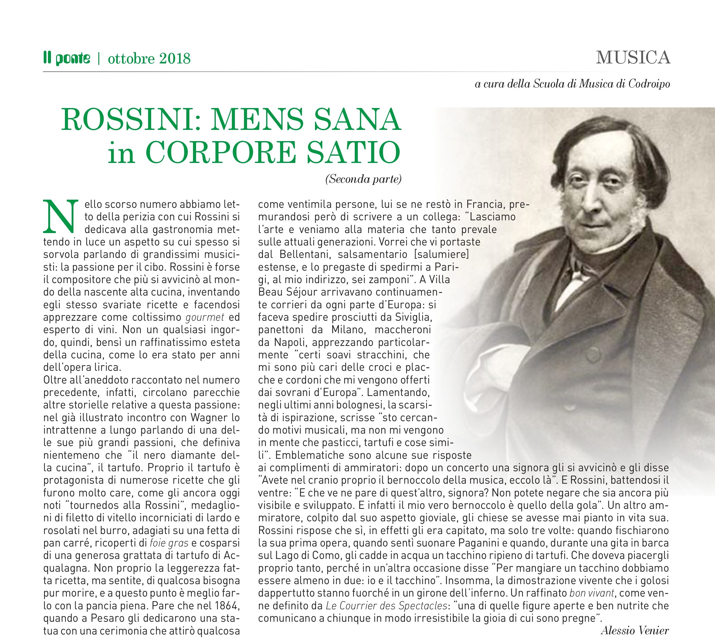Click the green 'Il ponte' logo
tap(67, 58)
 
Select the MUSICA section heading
tap(633, 58)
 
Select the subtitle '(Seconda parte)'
tap(363, 179)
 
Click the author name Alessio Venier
tap(635, 631)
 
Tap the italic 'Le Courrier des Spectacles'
tap(386, 606)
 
